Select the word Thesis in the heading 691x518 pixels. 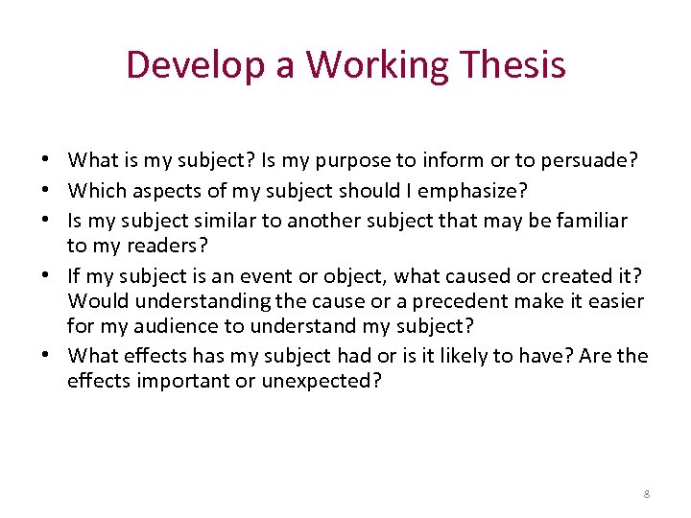(x=515, y=65)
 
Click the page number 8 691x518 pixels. (x=647, y=493)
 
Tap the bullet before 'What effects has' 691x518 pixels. (x=46, y=356)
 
